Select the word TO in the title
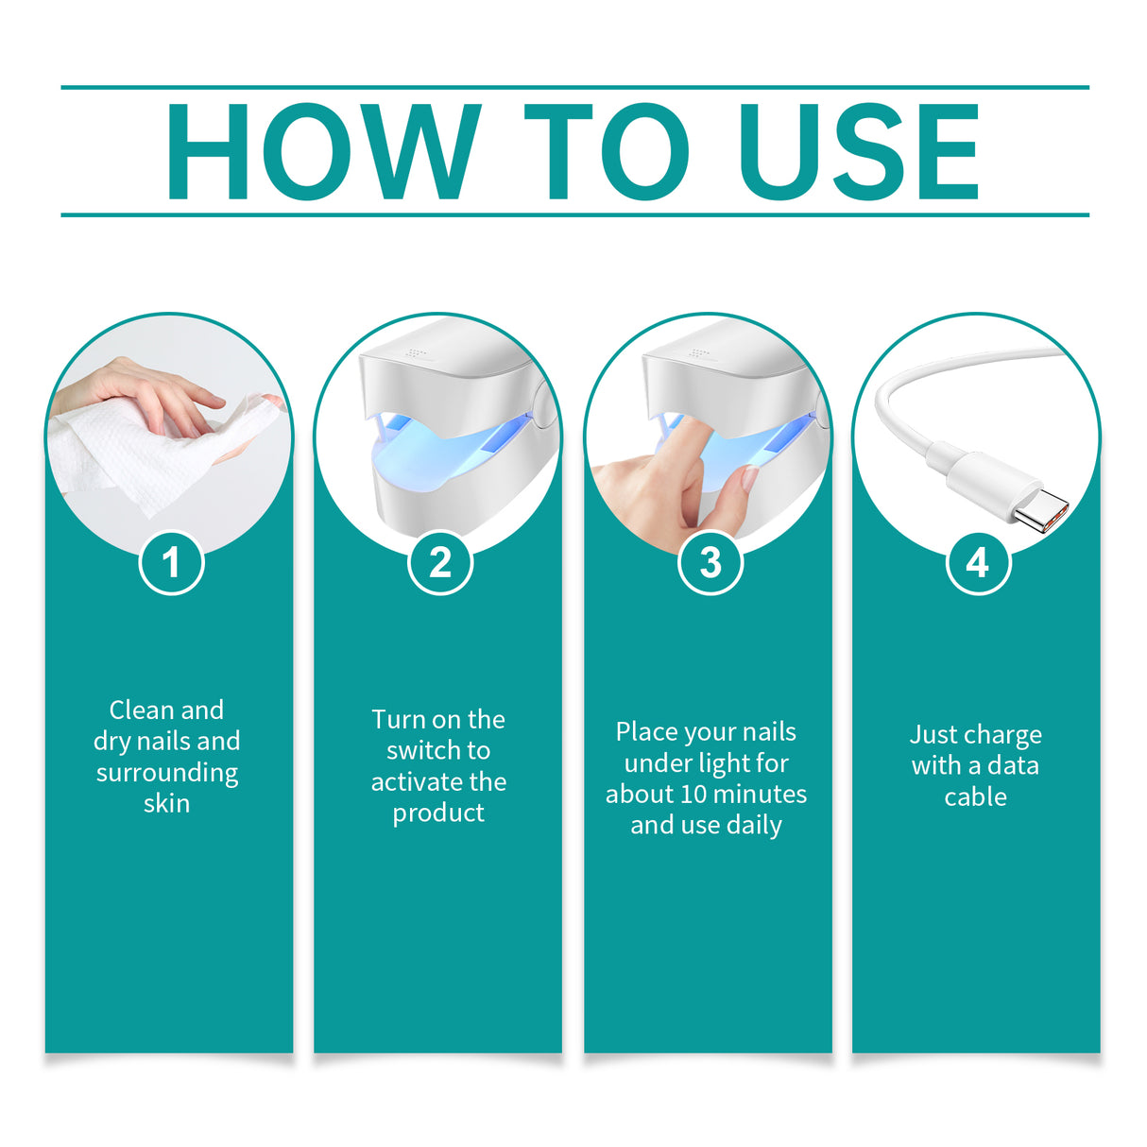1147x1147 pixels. point(606,152)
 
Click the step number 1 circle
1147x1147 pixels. point(171,563)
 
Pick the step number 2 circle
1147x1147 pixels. point(440,563)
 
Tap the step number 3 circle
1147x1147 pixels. point(710,563)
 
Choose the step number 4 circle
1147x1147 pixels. point(978,563)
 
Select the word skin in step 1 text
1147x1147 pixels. point(166,804)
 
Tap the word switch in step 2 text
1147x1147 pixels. point(424,751)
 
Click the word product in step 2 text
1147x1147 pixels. point(438,813)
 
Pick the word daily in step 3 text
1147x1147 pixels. point(754,826)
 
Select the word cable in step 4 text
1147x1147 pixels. point(975,797)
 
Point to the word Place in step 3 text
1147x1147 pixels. point(646,732)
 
